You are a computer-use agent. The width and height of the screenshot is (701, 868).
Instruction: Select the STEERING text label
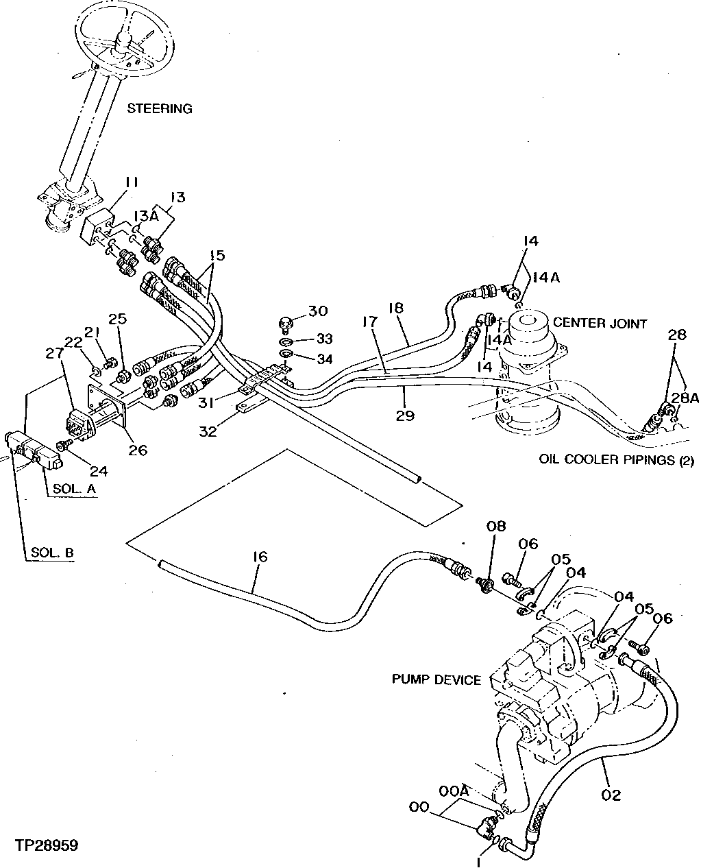click(160, 108)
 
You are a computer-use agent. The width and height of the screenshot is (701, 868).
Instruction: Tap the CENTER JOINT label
click(599, 322)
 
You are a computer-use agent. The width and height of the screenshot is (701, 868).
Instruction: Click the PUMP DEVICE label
click(436, 679)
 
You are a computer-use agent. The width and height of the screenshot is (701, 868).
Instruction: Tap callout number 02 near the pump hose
click(611, 795)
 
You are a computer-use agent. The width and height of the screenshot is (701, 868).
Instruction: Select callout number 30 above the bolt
click(319, 311)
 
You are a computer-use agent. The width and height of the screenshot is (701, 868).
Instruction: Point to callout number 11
click(132, 182)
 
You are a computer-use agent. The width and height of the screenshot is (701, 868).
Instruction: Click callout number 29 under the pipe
click(405, 415)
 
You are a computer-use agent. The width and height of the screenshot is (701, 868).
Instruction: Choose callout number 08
click(496, 527)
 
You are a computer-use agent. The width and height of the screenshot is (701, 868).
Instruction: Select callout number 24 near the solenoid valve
click(99, 471)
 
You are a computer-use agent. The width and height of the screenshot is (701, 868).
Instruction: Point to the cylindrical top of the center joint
click(528, 322)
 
